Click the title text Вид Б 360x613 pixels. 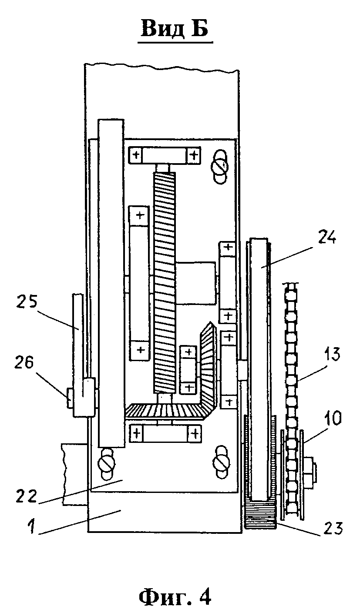click(x=175, y=29)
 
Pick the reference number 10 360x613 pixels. click(x=332, y=419)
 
